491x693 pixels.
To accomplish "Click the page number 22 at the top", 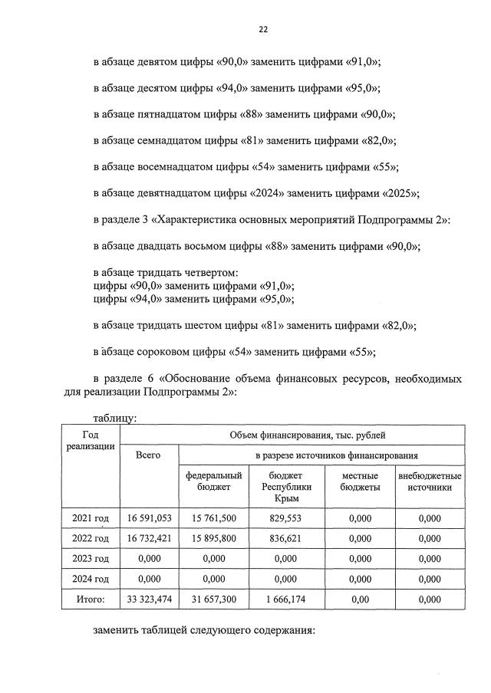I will [263, 30].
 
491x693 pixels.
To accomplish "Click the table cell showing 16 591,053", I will [148, 518].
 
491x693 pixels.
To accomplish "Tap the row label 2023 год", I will [91, 558].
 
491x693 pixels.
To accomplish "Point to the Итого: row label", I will [91, 598].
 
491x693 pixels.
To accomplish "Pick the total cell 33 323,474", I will [148, 598].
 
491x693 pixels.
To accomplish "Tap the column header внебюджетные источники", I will [430, 481].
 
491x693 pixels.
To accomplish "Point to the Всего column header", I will [148, 455].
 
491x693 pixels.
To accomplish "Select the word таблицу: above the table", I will [115, 418].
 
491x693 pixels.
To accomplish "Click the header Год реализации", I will [91, 440].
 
